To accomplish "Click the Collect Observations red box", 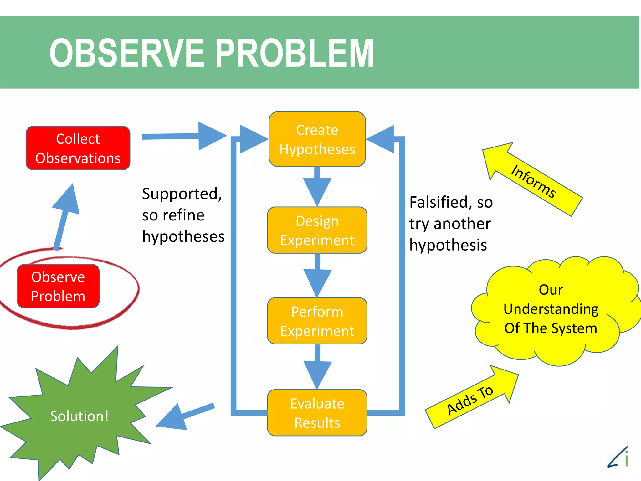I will click(78, 148).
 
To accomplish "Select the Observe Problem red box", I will click(58, 286).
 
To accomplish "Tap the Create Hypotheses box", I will click(317, 139).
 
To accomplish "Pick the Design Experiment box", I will click(317, 230).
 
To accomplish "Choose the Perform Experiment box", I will click(317, 321).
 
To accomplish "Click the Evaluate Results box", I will click(317, 413).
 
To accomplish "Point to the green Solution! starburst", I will click(79, 416).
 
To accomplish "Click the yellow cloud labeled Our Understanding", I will click(551, 310).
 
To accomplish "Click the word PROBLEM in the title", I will click(294, 53).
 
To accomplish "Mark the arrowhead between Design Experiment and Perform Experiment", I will click(317, 281).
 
